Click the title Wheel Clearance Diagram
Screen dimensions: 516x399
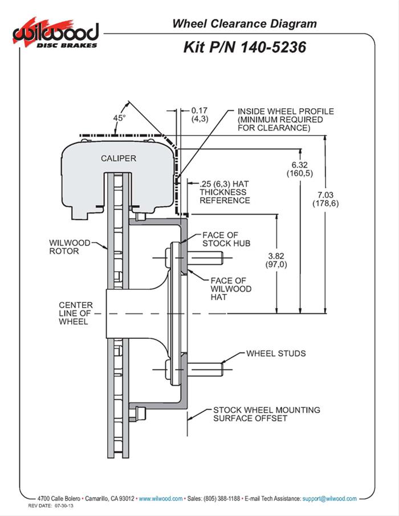(244, 23)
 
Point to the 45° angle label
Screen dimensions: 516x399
(119, 118)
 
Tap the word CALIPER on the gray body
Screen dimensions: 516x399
(119, 158)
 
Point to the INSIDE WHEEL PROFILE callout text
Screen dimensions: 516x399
(274, 120)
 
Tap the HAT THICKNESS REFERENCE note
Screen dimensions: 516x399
(225, 193)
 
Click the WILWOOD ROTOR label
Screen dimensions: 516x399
(70, 246)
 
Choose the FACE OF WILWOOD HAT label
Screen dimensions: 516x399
(228, 289)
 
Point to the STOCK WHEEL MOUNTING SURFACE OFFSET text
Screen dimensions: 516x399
(266, 414)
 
